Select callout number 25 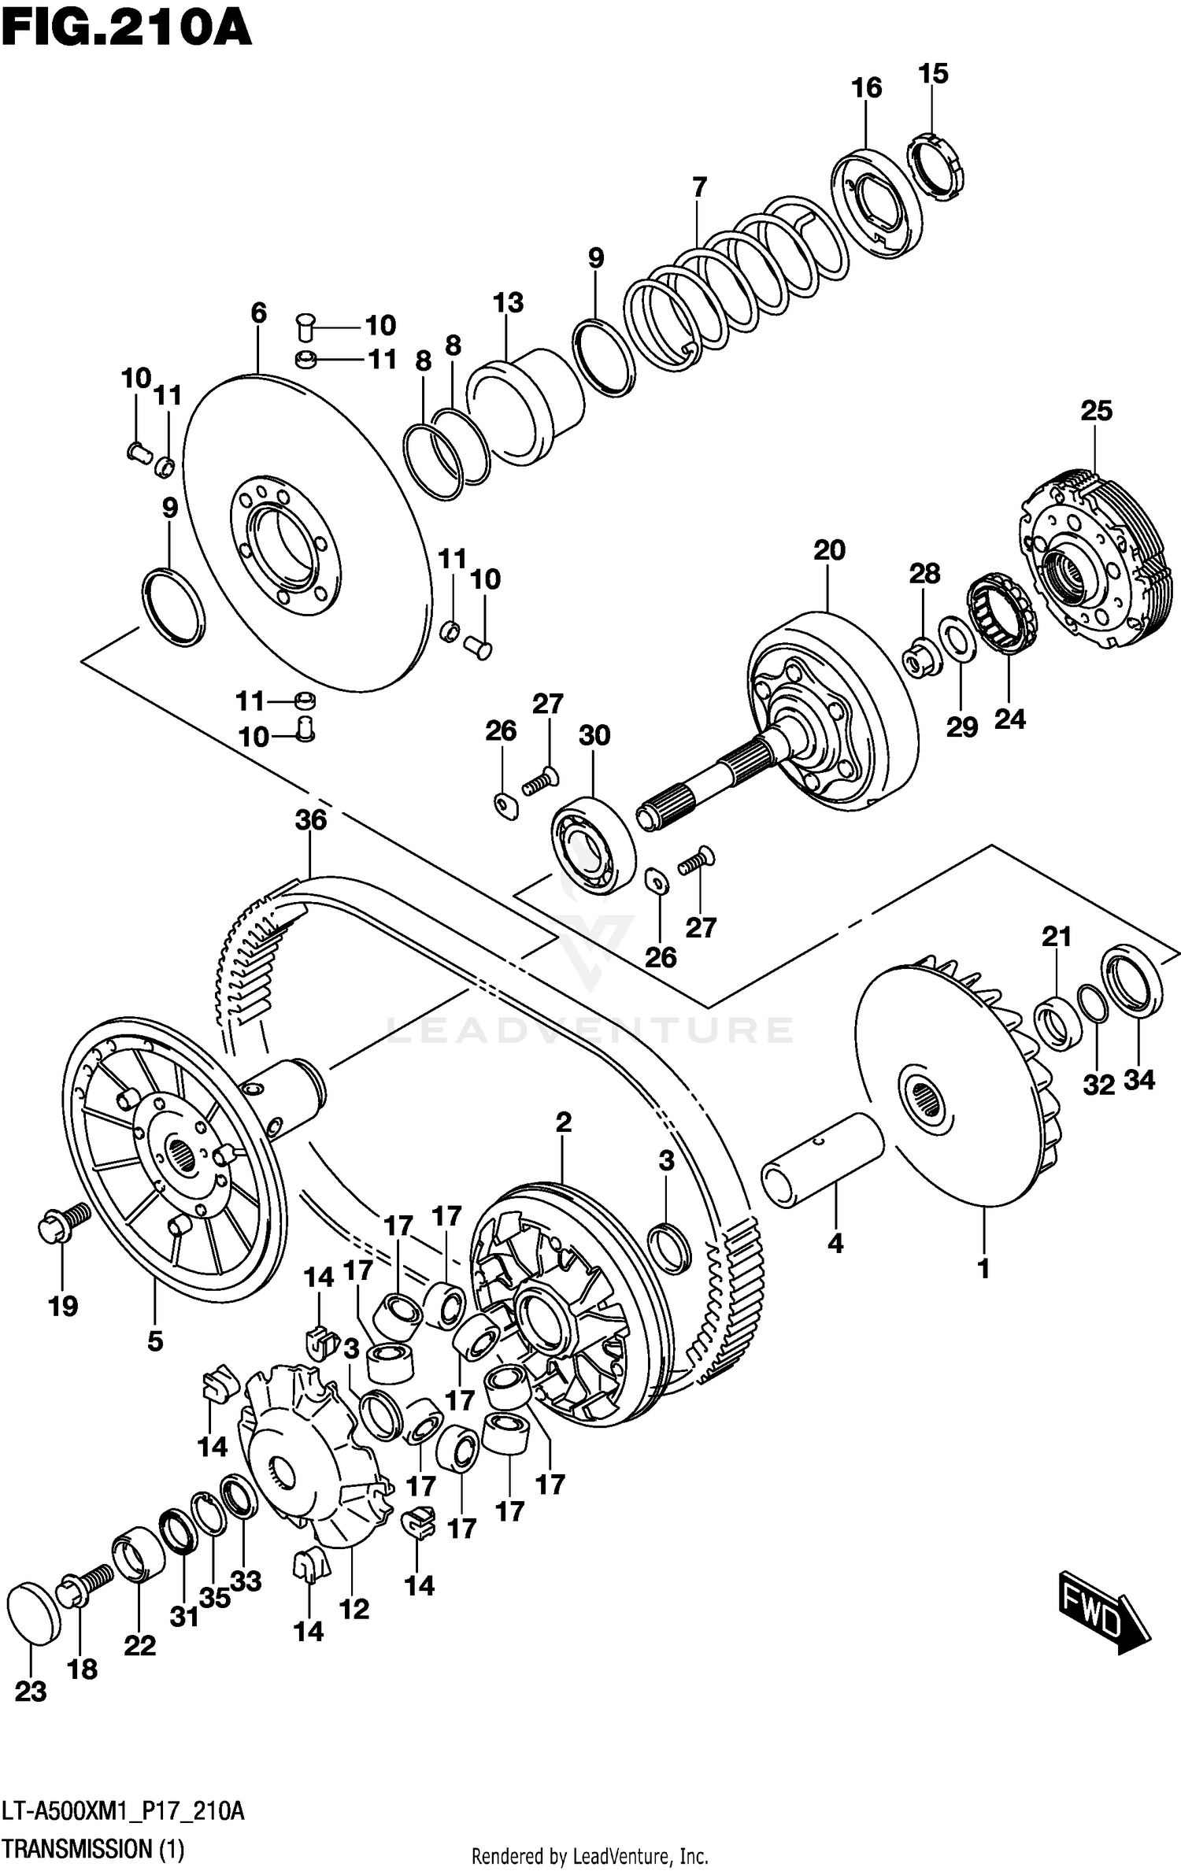[x=1096, y=410]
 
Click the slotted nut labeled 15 [x=937, y=168]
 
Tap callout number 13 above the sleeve [x=508, y=302]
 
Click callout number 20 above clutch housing [x=829, y=550]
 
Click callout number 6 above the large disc [x=258, y=312]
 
